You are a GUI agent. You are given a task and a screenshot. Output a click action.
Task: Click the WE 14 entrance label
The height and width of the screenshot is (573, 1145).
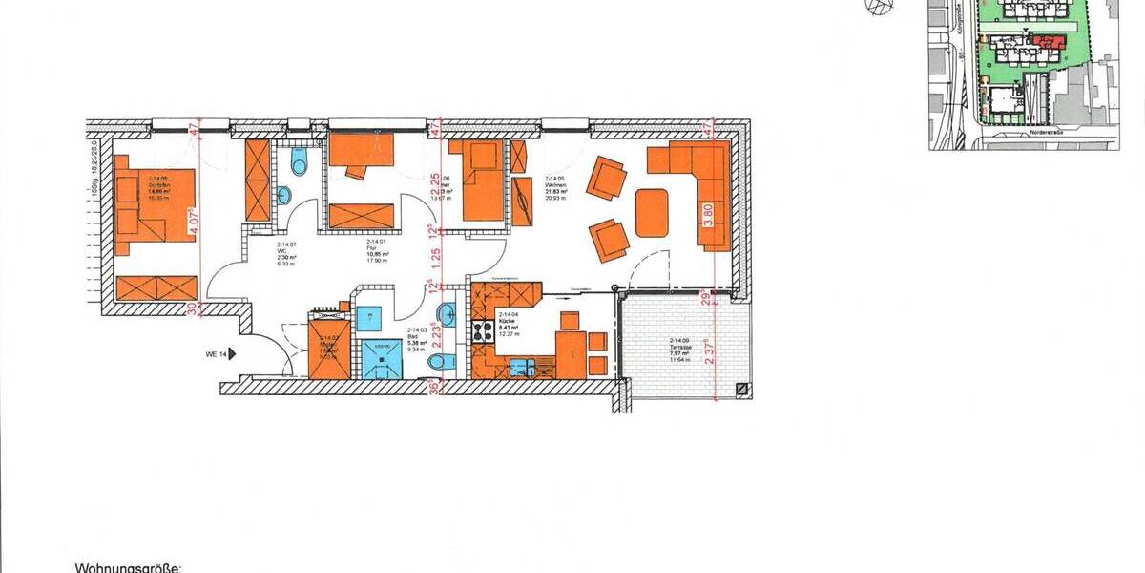click(x=214, y=353)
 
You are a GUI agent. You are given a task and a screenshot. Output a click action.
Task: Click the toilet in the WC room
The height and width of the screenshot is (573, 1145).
click(x=300, y=167)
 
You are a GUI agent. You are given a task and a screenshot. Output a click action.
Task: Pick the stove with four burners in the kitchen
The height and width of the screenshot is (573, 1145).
click(x=483, y=331)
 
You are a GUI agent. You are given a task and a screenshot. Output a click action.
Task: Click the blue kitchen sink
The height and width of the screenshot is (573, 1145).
click(x=521, y=366)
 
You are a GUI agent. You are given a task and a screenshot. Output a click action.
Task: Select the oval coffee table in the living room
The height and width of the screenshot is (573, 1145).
click(x=653, y=206)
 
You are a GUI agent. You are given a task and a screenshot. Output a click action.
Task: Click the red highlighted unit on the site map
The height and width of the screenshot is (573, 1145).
click(x=1050, y=41)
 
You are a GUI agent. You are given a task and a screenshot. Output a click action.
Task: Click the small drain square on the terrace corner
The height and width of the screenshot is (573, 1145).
click(x=740, y=389)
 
